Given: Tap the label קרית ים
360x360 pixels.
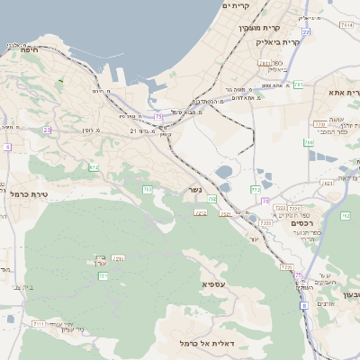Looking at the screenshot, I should (x=235, y=5).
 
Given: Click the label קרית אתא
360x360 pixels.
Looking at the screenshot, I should (x=346, y=93).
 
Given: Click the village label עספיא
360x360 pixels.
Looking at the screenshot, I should (x=214, y=285).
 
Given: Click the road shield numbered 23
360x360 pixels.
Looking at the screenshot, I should (x=47, y=130).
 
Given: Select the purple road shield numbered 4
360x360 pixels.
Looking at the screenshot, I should (x=6, y=147).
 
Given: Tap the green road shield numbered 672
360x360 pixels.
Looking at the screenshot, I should (x=94, y=167).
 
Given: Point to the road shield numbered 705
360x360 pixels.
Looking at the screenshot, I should (x=146, y=189).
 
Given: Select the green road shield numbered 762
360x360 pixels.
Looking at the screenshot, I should (x=346, y=216).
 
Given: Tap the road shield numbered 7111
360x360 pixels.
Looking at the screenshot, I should (x=39, y=323).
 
